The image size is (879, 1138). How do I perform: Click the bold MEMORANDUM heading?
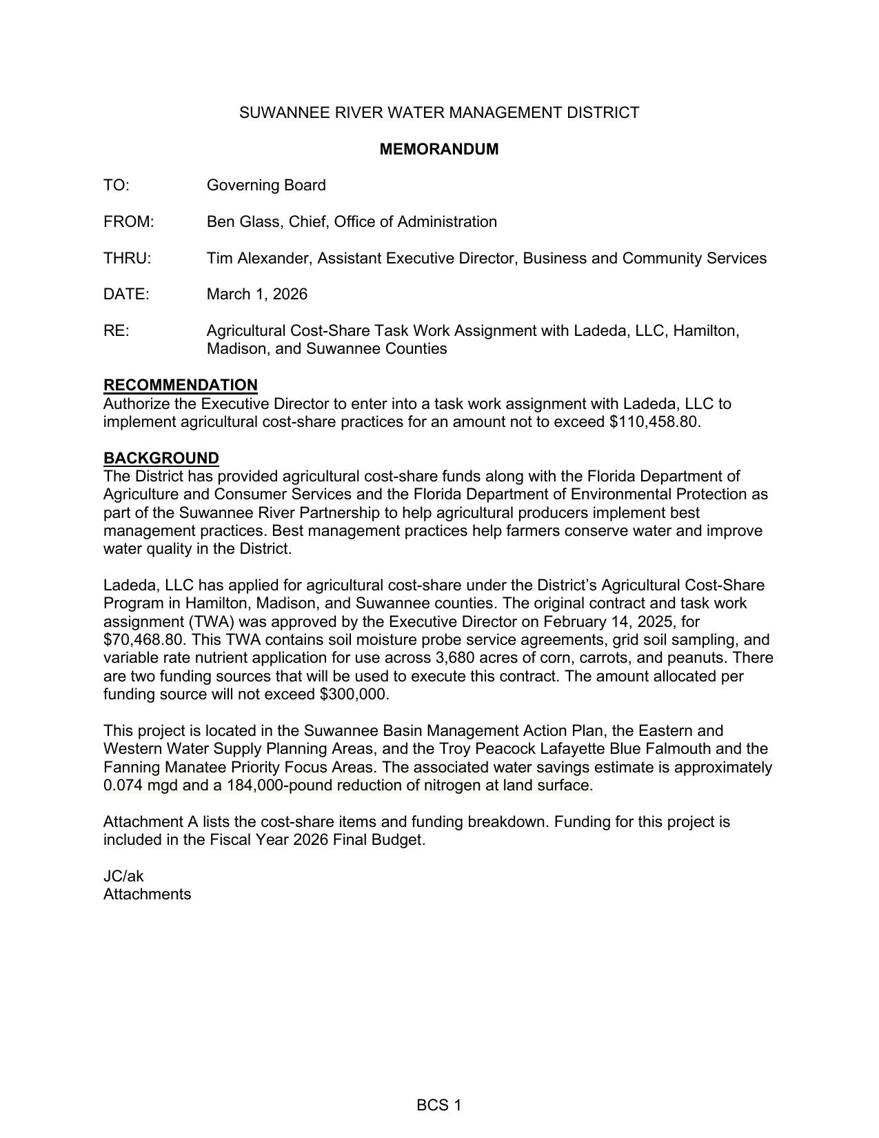pyautogui.click(x=438, y=149)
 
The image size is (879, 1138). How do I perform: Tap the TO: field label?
pyautogui.click(x=117, y=186)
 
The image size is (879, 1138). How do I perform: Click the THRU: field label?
pyautogui.click(x=127, y=259)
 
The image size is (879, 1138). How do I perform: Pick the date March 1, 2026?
pyautogui.click(x=257, y=295)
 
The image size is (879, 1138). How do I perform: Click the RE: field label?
pyautogui.click(x=116, y=331)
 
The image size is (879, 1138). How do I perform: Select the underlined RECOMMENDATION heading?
pyautogui.click(x=181, y=385)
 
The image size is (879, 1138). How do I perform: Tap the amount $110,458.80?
pyautogui.click(x=654, y=422)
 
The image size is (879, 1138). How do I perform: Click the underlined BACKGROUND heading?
pyautogui.click(x=161, y=458)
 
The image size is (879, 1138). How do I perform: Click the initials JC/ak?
pyautogui.click(x=123, y=877)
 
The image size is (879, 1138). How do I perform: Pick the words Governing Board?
pyautogui.click(x=266, y=186)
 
